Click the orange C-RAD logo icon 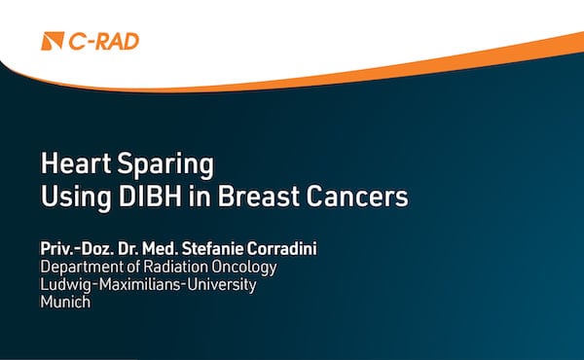pyautogui.click(x=54, y=41)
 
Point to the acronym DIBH pyautogui.click(x=151, y=197)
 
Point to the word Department pyautogui.click(x=82, y=268)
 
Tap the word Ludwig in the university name pyautogui.click(x=63, y=285)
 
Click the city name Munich pyautogui.click(x=64, y=302)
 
